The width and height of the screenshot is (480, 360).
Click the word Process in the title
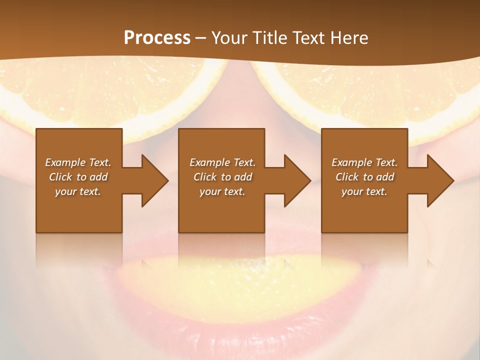pyautogui.click(x=157, y=38)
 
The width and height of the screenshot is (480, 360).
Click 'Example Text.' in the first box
pyautogui.click(x=78, y=162)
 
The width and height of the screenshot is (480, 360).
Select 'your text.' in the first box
pyautogui.click(x=78, y=191)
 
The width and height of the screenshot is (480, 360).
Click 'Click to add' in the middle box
pyautogui.click(x=222, y=177)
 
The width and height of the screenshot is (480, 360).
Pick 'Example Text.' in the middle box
pyautogui.click(x=222, y=162)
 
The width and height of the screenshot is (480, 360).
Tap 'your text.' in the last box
pyautogui.click(x=364, y=191)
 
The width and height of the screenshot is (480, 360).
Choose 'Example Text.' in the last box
pyautogui.click(x=364, y=162)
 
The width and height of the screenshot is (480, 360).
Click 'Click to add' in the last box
pyautogui.click(x=364, y=177)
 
